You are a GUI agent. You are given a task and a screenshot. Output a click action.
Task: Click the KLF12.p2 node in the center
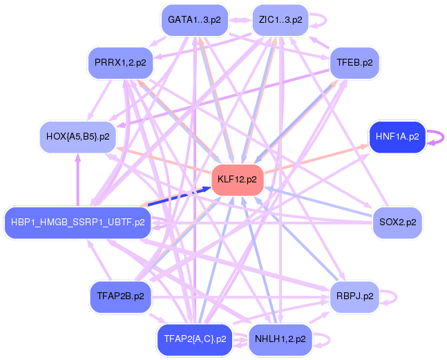coord(237,180)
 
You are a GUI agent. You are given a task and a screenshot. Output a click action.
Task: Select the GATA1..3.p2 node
coord(194,20)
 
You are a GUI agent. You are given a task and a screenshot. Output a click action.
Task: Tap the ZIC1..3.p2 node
coord(280,20)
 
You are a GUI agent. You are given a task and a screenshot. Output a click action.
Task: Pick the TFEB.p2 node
coord(354,63)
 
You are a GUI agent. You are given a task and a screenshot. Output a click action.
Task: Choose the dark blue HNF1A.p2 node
coord(397,136)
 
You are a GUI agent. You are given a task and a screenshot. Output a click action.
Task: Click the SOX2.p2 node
coord(397,222)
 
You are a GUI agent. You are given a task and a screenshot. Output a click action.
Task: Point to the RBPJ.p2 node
coord(354,296)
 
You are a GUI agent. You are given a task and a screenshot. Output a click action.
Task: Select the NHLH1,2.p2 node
coord(280,339)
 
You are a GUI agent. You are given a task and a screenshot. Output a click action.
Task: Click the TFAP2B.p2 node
coord(120,296)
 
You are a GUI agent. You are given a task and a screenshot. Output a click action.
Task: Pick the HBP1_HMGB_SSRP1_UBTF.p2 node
coord(77,222)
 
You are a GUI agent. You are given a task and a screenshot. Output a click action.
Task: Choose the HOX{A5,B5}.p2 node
coord(77,136)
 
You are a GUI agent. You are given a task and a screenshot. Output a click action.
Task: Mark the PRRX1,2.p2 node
coord(120,63)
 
